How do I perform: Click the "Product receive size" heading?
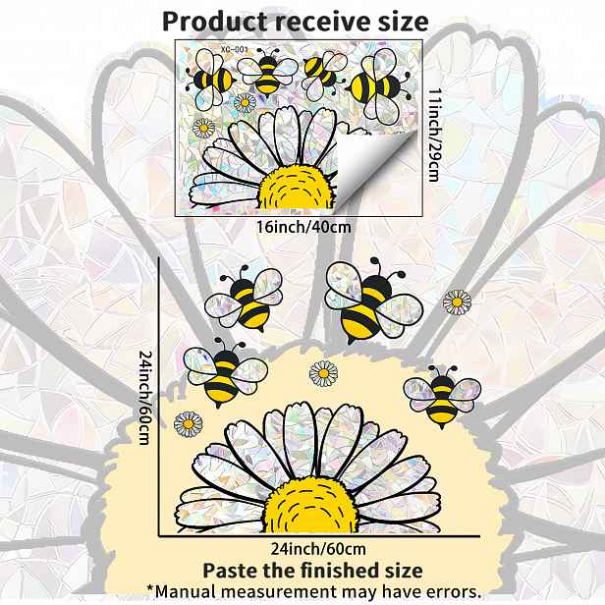tap(296, 22)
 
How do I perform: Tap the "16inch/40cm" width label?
tap(304, 227)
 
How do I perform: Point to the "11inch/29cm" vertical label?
tap(434, 135)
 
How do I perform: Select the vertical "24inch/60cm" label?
tap(145, 398)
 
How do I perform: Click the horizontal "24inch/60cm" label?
tap(318, 549)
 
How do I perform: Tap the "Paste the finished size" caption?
tap(312, 571)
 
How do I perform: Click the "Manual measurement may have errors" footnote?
tap(313, 591)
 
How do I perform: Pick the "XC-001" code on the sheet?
tap(235, 50)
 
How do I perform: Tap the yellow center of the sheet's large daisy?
tap(296, 189)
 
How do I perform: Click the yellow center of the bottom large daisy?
tap(311, 506)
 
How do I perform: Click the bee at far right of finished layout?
tap(442, 397)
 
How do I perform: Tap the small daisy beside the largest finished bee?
tap(458, 302)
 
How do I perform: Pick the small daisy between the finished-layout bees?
tap(323, 373)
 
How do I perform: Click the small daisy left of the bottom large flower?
tap(189, 424)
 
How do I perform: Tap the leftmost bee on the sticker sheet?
tap(209, 80)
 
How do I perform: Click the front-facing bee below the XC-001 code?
tap(267, 74)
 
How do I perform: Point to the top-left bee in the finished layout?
tap(244, 299)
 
